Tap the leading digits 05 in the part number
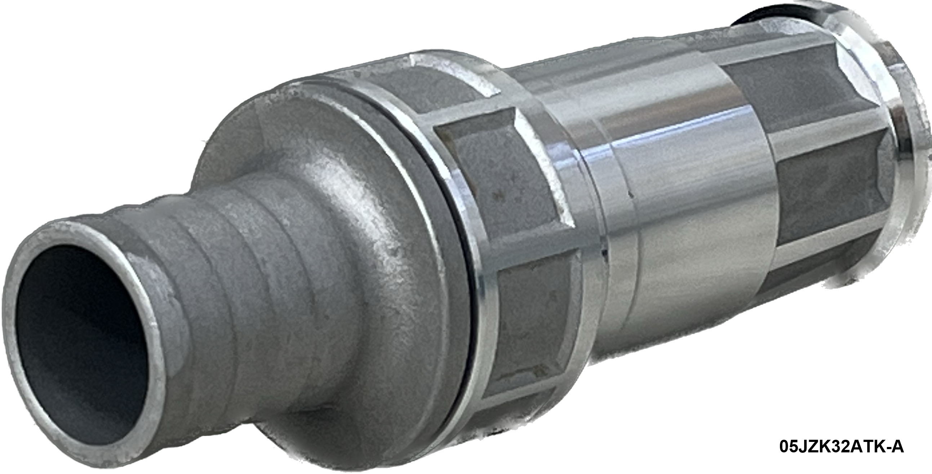pos(788,447)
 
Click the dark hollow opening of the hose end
pos(78,337)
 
